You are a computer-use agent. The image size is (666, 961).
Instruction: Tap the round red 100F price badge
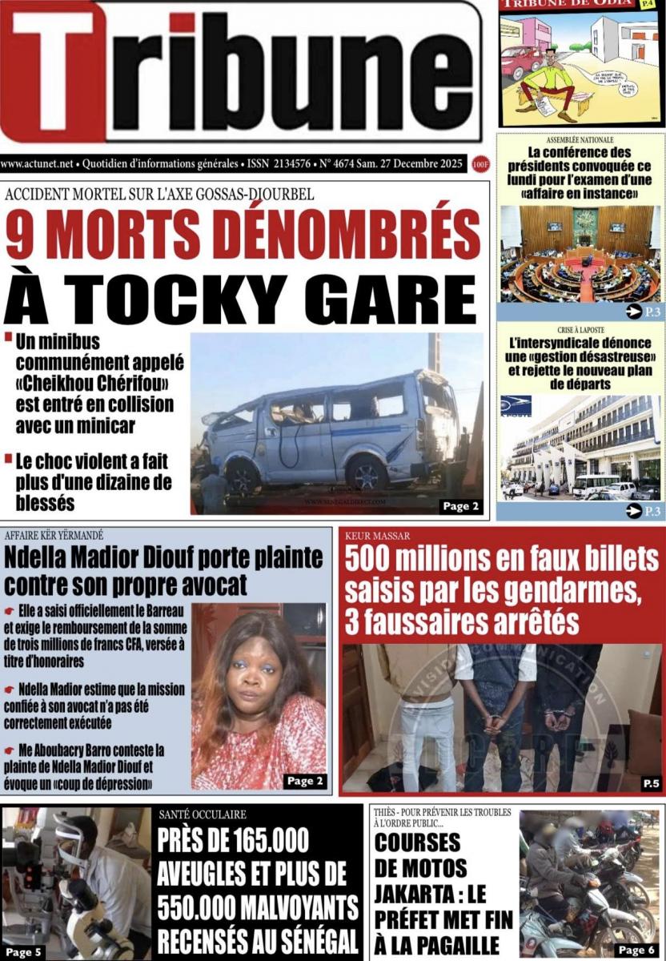click(480, 164)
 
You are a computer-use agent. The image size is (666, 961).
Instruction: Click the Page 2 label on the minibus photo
click(461, 505)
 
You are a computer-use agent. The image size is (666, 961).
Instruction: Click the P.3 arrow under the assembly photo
click(642, 312)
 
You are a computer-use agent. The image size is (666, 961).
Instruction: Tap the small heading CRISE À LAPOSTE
click(580, 330)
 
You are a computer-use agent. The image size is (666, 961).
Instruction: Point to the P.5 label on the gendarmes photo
click(650, 782)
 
